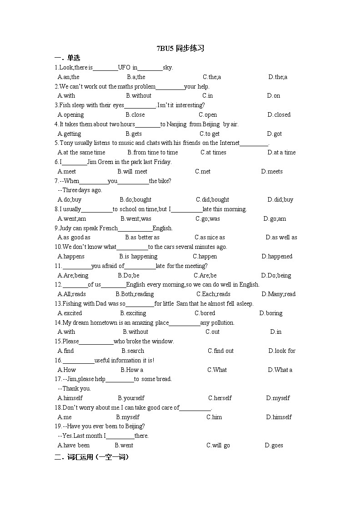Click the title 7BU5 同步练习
tap(180, 49)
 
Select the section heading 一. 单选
tap(67, 58)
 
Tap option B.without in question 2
tap(139, 96)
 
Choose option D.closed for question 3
tap(279, 115)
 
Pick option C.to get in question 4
tap(209, 134)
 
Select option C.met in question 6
tap(203, 172)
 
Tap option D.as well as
tap(281, 238)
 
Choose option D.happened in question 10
tap(277, 257)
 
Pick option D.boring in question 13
tap(271, 313)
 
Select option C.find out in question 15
tap(221, 351)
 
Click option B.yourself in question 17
tap(131, 398)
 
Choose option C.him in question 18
tap(214, 417)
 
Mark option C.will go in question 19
tap(218, 446)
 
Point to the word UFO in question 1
tap(124, 68)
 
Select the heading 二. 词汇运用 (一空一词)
tap(92, 457)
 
